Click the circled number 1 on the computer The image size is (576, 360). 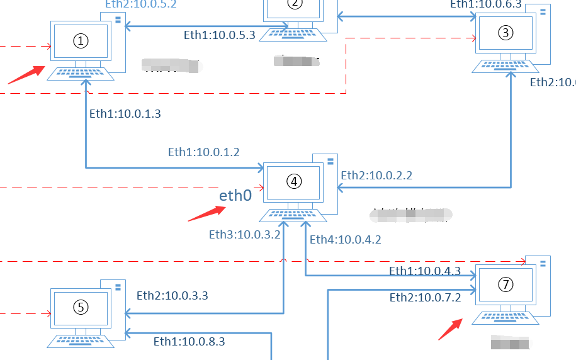pyautogui.click(x=81, y=41)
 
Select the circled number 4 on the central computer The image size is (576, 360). pyautogui.click(x=294, y=181)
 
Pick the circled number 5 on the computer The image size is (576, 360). pyautogui.click(x=81, y=307)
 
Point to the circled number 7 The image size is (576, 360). pyautogui.click(x=505, y=284)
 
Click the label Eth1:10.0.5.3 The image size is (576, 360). pyautogui.click(x=219, y=35)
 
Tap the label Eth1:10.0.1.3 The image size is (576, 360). pyautogui.click(x=125, y=114)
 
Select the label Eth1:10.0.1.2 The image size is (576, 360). pyautogui.click(x=204, y=152)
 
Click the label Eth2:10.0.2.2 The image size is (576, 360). pyautogui.click(x=376, y=176)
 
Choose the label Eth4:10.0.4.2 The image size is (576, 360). pyautogui.click(x=346, y=239)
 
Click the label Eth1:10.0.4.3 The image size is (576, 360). pyautogui.click(x=425, y=271)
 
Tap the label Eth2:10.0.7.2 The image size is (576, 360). pyautogui.click(x=426, y=298)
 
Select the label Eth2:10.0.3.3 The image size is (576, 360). pyautogui.click(x=172, y=295)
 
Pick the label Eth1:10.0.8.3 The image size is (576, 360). pyautogui.click(x=189, y=342)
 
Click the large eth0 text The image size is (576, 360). pyautogui.click(x=235, y=196)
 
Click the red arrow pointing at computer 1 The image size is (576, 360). pyautogui.click(x=26, y=74)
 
